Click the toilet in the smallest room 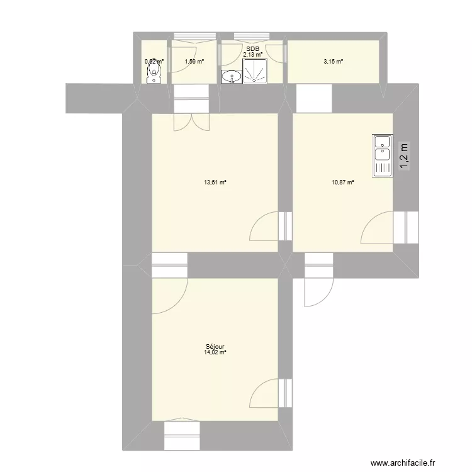(153, 75)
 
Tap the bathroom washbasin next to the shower (231, 77)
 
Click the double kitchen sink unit (381, 155)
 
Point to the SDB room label (252, 48)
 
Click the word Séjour (215, 346)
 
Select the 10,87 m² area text (342, 183)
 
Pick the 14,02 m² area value (215, 352)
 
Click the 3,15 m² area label (333, 62)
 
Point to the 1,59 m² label (194, 62)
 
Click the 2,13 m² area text (252, 55)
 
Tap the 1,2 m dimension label (403, 155)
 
